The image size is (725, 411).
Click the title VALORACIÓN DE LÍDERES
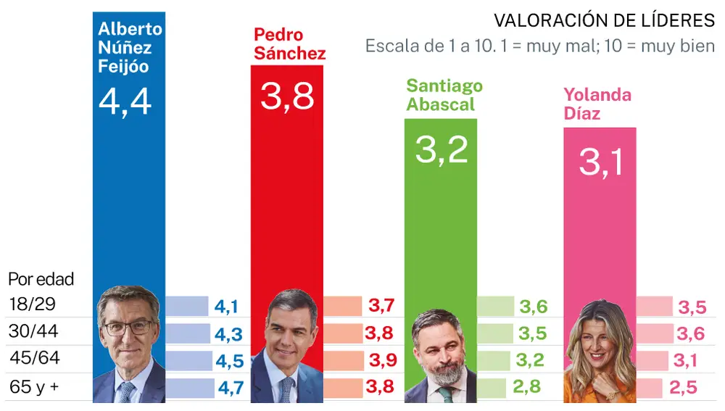(604, 20)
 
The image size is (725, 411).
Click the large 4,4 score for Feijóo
(125, 101)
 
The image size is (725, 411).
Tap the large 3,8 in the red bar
(287, 96)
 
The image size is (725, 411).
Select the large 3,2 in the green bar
(442, 149)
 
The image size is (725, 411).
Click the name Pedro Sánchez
(289, 43)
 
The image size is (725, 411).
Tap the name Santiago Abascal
(444, 95)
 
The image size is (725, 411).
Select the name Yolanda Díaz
(597, 104)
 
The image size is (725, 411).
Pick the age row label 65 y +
(34, 387)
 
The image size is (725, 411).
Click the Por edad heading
(41, 279)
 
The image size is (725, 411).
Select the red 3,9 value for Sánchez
(380, 360)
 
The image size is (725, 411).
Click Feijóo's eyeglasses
(128, 327)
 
